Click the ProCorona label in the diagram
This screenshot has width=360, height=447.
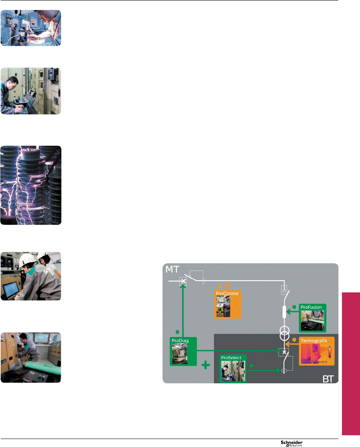[x=227, y=293]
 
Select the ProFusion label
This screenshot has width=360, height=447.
[x=311, y=307]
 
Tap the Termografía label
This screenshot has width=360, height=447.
[x=313, y=341]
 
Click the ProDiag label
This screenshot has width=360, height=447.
[x=180, y=341]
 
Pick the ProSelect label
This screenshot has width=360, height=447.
[x=231, y=358]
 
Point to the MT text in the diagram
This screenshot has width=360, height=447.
[x=172, y=269]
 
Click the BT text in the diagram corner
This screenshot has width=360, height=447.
[x=328, y=379]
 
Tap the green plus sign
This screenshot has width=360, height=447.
[x=206, y=365]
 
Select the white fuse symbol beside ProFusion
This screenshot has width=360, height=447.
[x=284, y=312]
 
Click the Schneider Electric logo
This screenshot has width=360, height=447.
[x=292, y=443]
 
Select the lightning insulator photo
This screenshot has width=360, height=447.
[x=31, y=185]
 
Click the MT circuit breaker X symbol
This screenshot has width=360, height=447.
[x=183, y=281]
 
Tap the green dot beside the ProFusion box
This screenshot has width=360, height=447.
[x=294, y=307]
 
